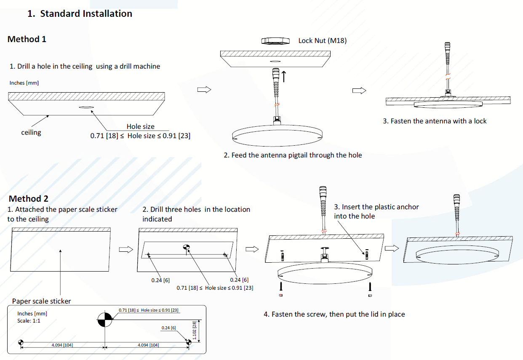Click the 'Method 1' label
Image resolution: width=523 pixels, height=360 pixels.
[x=27, y=39]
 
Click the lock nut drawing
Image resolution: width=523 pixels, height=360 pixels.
[x=275, y=40]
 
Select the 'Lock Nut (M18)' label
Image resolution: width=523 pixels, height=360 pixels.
[x=322, y=40]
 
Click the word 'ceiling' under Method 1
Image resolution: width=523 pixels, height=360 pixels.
[x=31, y=132]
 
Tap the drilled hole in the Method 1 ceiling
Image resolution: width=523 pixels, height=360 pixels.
[x=86, y=107]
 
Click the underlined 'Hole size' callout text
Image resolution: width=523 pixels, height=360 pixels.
[x=140, y=126]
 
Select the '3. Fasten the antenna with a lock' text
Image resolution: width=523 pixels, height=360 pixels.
[x=434, y=121]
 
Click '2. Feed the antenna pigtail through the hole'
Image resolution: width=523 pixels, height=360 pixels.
[x=293, y=155]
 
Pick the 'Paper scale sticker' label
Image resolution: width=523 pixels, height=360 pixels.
[x=41, y=301]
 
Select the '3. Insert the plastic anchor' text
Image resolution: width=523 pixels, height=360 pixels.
[x=376, y=207]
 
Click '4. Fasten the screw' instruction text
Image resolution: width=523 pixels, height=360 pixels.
[x=334, y=314]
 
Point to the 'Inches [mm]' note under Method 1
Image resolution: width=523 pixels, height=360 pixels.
[x=24, y=83]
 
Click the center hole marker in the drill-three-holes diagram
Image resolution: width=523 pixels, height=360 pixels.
[x=187, y=248]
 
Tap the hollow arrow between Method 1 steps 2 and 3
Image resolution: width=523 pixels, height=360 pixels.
[x=359, y=91]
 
